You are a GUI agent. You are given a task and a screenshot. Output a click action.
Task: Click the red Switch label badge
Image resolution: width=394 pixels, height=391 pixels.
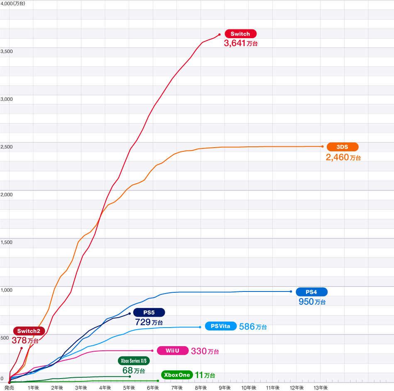click(240, 34)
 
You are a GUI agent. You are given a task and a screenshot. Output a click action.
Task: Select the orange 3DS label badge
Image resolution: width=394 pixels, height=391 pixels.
click(342, 147)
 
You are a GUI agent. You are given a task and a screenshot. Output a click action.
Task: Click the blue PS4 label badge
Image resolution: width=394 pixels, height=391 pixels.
click(311, 291)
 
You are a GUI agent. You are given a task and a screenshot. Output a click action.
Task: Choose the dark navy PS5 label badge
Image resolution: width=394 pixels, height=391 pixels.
click(149, 312)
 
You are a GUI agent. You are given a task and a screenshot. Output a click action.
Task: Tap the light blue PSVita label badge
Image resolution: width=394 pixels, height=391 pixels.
click(220, 326)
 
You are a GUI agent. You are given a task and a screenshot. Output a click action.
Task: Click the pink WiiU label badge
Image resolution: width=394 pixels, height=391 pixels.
click(172, 351)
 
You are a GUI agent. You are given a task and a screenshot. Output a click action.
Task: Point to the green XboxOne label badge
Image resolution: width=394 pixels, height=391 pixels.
click(177, 375)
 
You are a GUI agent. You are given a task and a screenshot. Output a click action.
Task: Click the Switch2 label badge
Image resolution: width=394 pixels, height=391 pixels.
click(29, 331)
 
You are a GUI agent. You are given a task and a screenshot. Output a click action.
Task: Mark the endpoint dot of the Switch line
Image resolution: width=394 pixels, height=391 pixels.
click(219, 34)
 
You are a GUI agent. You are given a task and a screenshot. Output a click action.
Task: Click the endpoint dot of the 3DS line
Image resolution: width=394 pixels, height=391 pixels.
click(322, 146)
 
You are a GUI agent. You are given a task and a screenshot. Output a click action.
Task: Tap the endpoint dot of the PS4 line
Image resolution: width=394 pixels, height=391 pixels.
click(291, 291)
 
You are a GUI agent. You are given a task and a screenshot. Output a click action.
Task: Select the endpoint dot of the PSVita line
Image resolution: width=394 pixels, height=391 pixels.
click(200, 327)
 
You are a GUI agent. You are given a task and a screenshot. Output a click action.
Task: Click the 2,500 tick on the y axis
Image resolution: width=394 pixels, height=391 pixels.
click(7, 147)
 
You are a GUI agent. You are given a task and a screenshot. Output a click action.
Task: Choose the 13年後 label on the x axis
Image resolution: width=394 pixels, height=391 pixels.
click(321, 388)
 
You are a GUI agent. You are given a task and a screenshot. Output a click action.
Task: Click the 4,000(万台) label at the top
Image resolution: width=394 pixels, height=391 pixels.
click(13, 3)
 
